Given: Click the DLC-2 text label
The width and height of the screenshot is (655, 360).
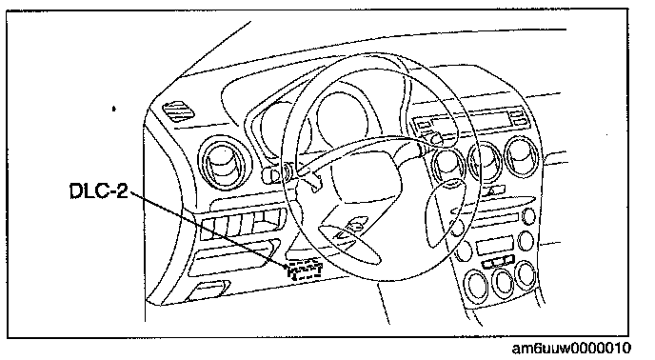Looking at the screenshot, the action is (x=99, y=191).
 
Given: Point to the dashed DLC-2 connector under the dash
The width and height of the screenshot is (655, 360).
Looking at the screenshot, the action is (x=304, y=270).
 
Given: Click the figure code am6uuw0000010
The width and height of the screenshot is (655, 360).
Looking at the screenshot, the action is (x=571, y=348).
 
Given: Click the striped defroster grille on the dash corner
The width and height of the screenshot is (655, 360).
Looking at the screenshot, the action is (x=178, y=111).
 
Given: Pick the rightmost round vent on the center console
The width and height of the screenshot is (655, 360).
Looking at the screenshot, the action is (x=522, y=157).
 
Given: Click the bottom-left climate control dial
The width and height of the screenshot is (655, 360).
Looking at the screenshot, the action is (x=477, y=285).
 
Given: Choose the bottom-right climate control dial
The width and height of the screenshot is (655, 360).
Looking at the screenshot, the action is (x=526, y=274).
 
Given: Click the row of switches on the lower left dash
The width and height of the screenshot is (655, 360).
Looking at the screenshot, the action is (x=242, y=224).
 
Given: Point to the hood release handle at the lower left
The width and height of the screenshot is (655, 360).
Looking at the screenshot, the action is (x=208, y=290).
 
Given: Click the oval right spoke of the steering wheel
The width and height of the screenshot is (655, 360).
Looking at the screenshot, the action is (x=444, y=211).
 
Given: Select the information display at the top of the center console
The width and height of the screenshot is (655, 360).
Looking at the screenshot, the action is (x=470, y=120).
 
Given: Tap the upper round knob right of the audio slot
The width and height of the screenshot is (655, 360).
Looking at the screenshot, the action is (x=528, y=217).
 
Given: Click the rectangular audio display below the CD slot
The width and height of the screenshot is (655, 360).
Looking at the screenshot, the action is (x=494, y=246).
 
